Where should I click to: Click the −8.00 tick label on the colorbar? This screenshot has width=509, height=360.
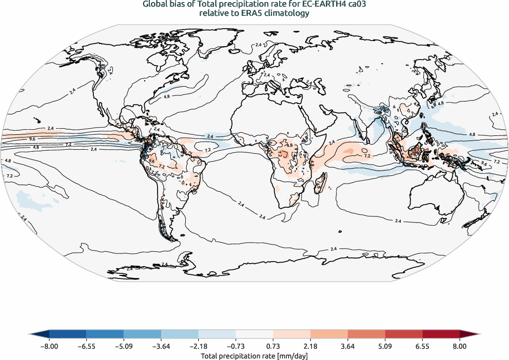tap(49, 346)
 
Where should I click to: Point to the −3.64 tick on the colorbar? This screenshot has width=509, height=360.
tap(161, 346)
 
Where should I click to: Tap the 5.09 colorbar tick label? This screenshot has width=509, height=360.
tap(385, 346)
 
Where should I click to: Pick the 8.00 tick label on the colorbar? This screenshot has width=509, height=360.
tap(460, 346)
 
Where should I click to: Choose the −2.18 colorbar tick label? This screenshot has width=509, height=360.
tap(199, 346)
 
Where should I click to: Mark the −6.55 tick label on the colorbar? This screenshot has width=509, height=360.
tap(86, 346)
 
